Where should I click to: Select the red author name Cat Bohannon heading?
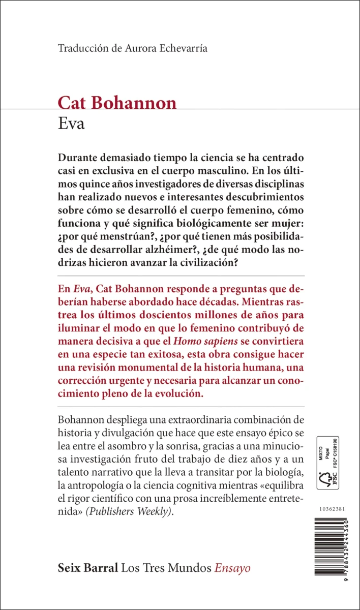pos(117,103)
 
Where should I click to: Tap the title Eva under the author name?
pos(71,124)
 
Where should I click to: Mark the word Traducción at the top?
pos(81,49)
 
